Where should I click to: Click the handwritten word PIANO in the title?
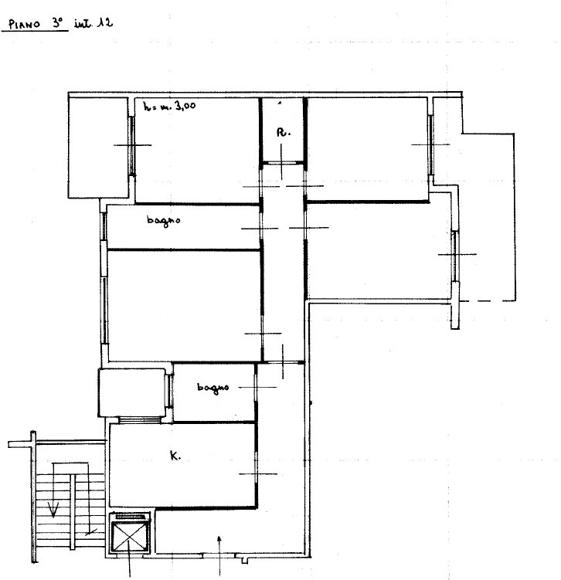24,25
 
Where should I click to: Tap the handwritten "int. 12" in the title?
93,23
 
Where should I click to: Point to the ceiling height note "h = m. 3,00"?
169,106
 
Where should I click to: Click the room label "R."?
284,132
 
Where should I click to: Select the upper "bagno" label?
164,221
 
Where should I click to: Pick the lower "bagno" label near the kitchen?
212,388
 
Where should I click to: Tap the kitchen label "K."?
175,456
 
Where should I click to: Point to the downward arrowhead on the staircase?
53,510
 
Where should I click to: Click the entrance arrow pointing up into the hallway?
219,555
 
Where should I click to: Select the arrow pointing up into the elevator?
129,558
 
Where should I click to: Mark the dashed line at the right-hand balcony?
487,301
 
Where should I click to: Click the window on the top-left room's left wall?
131,145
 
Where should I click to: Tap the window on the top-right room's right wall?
430,144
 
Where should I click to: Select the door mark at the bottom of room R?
281,161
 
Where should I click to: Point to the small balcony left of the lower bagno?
131,392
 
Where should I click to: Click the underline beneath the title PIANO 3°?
35,31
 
